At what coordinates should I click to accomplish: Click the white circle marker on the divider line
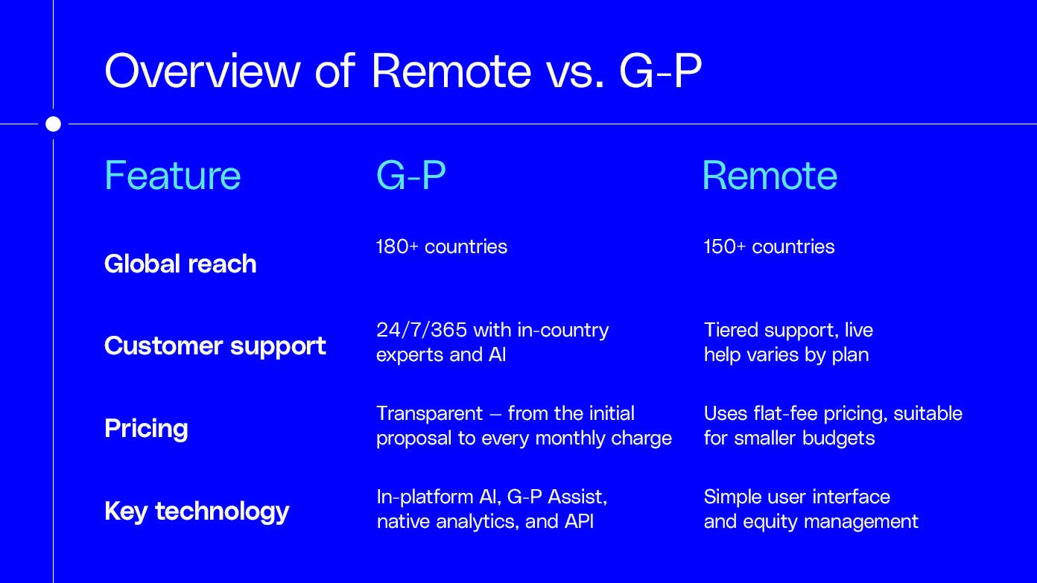click(x=53, y=124)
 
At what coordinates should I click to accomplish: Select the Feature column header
click(x=172, y=176)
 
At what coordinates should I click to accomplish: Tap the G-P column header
click(x=410, y=176)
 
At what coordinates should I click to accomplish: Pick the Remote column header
click(x=769, y=176)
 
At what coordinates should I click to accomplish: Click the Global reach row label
click(x=180, y=264)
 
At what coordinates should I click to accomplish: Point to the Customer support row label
click(x=215, y=345)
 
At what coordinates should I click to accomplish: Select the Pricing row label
click(x=146, y=428)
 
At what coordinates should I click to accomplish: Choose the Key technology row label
click(x=197, y=511)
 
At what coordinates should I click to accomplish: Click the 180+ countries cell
click(x=441, y=246)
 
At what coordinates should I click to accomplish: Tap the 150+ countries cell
click(x=769, y=246)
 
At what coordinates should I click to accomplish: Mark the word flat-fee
click(x=782, y=413)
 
